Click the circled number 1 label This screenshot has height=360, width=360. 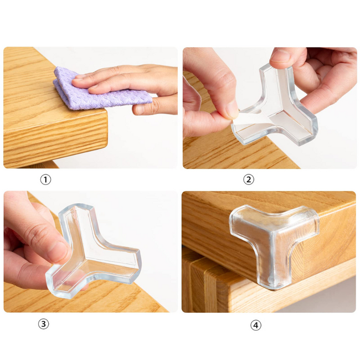point(45,179)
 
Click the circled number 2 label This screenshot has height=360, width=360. point(249,179)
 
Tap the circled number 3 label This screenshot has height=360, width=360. point(43,324)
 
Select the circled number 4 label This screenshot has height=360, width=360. point(255,325)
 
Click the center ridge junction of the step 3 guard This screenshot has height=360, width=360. point(85,255)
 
